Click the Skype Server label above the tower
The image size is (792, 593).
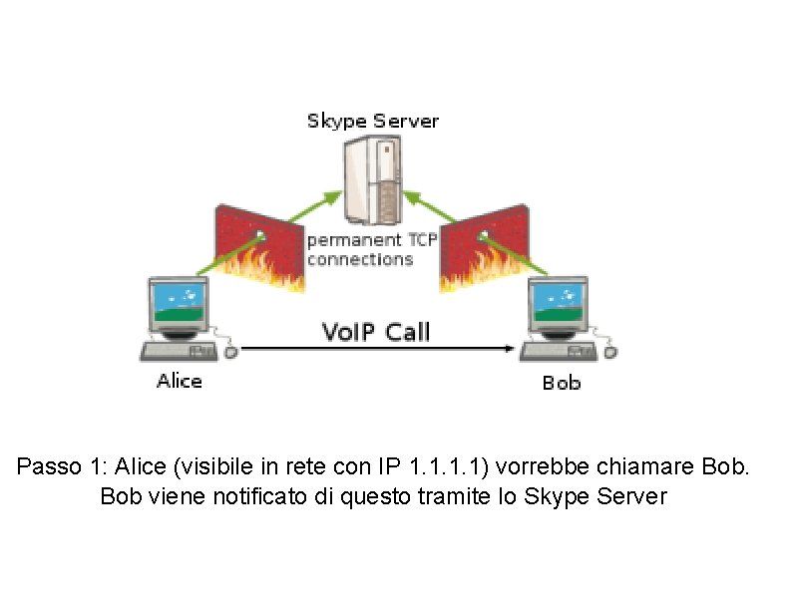372,122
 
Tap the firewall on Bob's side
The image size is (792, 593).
484,244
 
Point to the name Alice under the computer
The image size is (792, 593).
180,382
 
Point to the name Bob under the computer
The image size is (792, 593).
561,383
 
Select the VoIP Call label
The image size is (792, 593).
376,331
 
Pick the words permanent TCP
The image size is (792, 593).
368,240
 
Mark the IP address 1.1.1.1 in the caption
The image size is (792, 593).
447,466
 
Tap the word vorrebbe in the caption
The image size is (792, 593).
537,466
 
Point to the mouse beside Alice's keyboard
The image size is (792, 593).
231,351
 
